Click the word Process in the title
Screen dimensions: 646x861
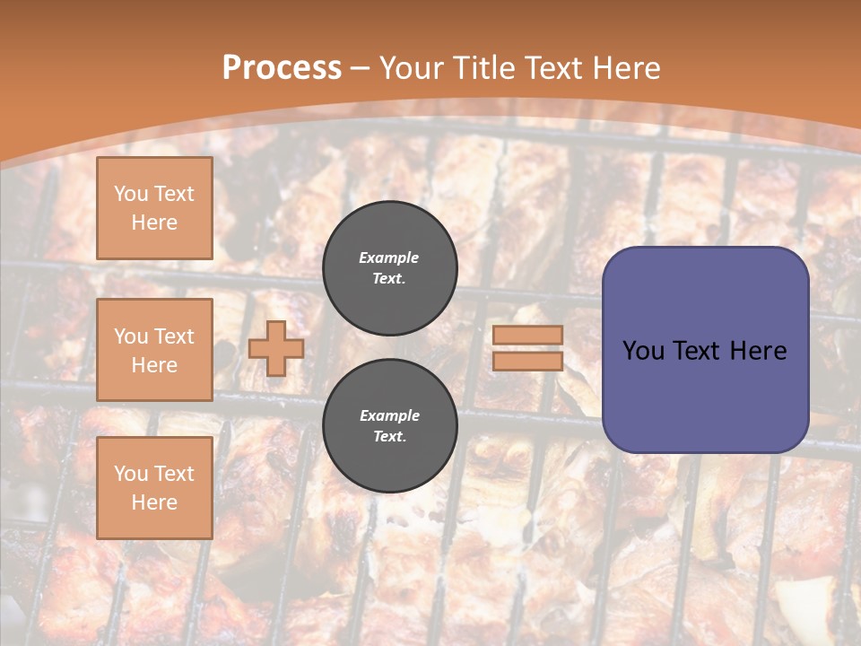tap(282, 67)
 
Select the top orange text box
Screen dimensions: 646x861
tap(154, 208)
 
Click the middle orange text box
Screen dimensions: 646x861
tap(154, 350)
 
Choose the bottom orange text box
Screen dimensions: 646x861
tap(154, 488)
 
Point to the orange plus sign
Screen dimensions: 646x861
tap(275, 348)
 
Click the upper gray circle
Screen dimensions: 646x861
tap(390, 268)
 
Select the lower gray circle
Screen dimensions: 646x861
tap(390, 426)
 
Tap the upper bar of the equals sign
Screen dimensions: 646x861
tap(527, 335)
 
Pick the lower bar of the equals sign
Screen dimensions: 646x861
tap(527, 361)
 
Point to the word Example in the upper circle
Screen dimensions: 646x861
tap(389, 258)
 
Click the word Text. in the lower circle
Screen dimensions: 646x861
tap(389, 437)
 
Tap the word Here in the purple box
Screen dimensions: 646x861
tap(758, 350)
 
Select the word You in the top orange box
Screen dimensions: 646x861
tap(130, 194)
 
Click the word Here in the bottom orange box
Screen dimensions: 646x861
tap(154, 502)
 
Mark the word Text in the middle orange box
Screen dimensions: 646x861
tap(173, 336)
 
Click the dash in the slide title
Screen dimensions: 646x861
tap(361, 68)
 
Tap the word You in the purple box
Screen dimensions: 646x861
tap(644, 350)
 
